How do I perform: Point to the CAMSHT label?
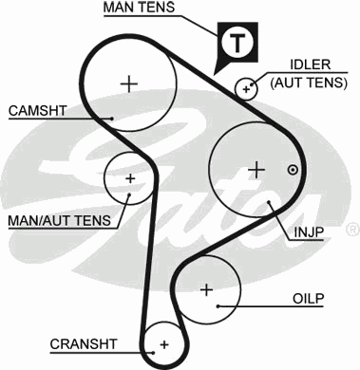click(x=38, y=111)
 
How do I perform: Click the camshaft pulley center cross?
click(x=129, y=83)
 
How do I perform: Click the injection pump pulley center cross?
click(x=255, y=169)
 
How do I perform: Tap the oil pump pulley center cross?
click(x=206, y=288)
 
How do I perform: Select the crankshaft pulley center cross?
click(x=164, y=342)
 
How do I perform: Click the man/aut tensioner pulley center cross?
click(x=129, y=177)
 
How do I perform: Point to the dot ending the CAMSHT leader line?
click(x=112, y=118)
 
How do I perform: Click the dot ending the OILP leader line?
click(x=219, y=305)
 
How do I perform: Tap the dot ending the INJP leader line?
click(x=271, y=202)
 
